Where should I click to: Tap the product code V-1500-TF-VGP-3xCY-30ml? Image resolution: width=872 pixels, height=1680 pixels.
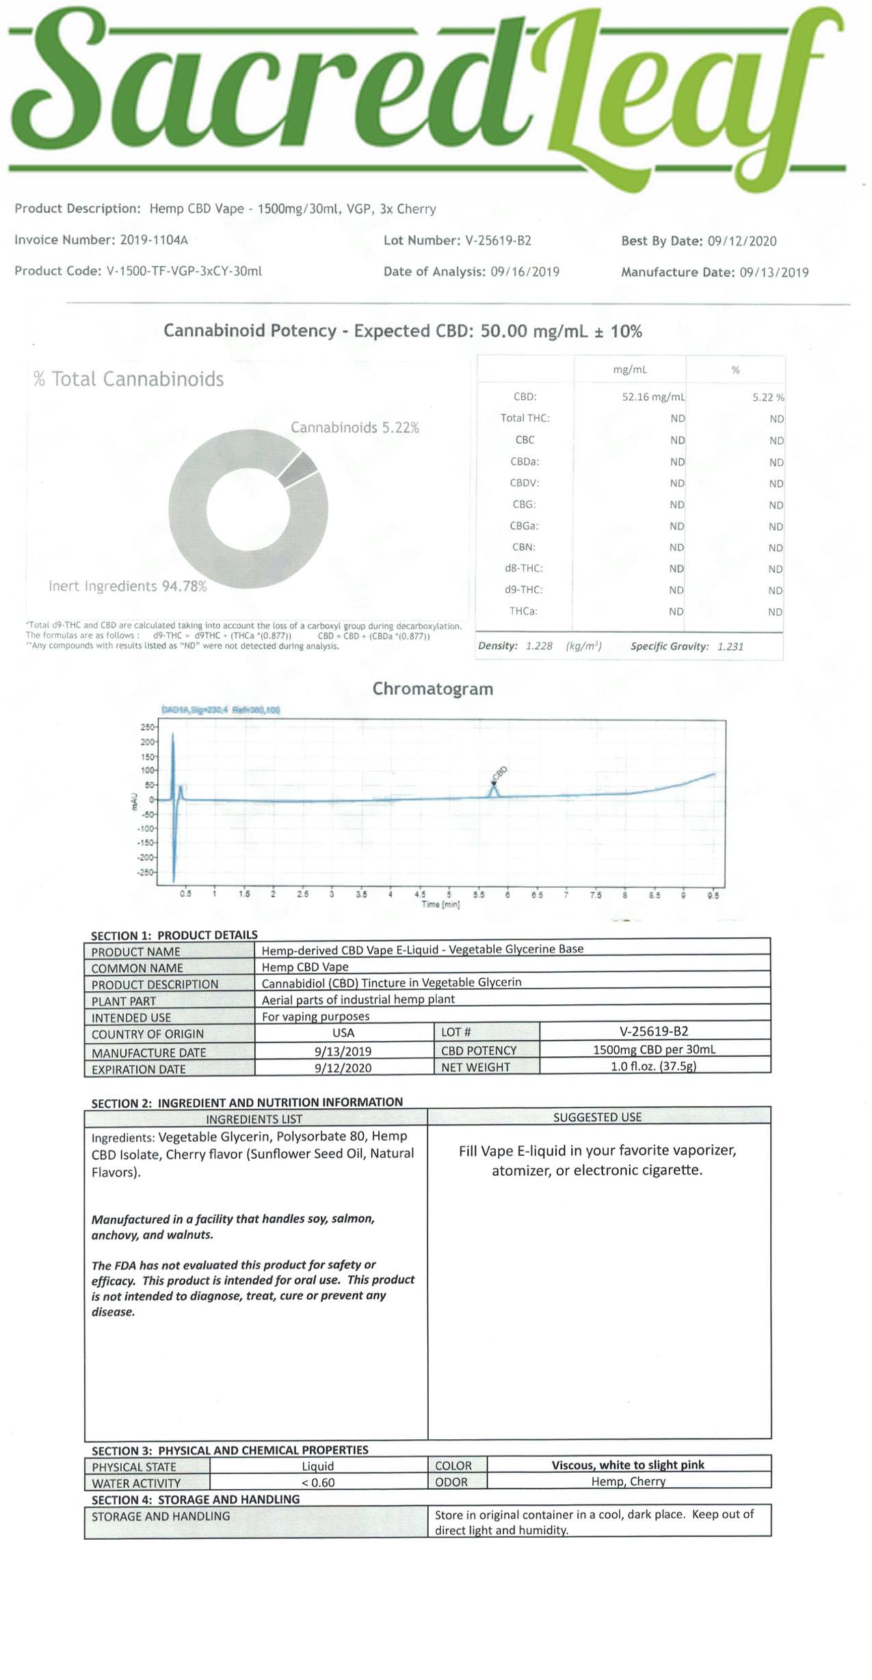coord(184,271)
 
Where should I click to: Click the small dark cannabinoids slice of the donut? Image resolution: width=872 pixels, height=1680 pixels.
coord(298,469)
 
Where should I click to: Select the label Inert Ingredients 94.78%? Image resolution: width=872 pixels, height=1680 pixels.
coord(127,586)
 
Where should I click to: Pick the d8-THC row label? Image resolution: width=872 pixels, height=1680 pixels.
coord(525,568)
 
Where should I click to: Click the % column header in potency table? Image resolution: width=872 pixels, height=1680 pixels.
coord(735,370)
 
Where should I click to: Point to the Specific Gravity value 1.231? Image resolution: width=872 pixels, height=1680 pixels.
coord(730,646)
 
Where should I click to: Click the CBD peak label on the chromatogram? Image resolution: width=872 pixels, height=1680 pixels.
coord(499,773)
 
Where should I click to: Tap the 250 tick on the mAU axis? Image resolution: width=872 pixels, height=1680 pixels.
coord(147,727)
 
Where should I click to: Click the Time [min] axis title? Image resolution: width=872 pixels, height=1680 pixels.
coord(440,904)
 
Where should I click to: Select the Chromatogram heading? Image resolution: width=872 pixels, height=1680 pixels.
coord(432,689)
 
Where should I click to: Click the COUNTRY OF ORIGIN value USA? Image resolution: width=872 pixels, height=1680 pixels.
coord(343,1033)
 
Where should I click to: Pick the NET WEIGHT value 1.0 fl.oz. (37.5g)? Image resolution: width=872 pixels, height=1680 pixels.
coord(653,1066)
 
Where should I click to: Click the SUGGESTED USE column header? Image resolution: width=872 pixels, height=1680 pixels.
coord(597,1117)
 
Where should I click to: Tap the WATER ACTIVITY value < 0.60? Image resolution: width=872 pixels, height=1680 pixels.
coord(317,1483)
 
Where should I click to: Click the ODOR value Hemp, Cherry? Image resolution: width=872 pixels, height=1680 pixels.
coord(628,1482)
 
